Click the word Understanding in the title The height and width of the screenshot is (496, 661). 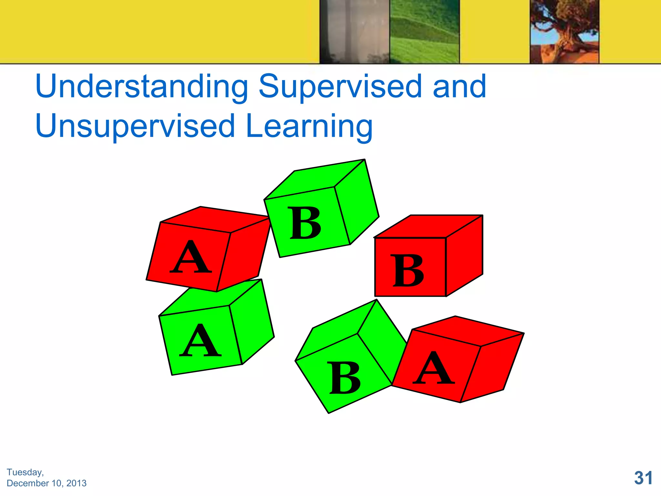pyautogui.click(x=141, y=87)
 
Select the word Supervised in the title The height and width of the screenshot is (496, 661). pyautogui.click(x=340, y=87)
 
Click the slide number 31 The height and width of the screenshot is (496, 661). pyautogui.click(x=643, y=478)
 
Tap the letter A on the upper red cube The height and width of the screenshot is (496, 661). pyautogui.click(x=191, y=257)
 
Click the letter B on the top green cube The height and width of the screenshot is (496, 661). pyautogui.click(x=305, y=223)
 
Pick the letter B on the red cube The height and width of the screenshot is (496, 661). pyautogui.click(x=408, y=270)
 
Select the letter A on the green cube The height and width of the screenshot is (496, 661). pyautogui.click(x=200, y=341)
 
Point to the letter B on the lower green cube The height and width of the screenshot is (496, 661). pyautogui.click(x=345, y=377)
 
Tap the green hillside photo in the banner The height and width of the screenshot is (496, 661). pyautogui.click(x=424, y=31)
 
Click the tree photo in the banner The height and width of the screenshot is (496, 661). pyautogui.click(x=564, y=31)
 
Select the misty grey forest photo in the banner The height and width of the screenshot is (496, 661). pyautogui.click(x=354, y=31)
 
